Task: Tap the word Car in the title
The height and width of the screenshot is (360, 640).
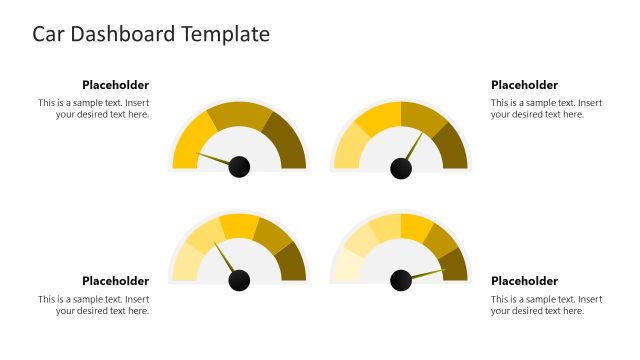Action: click(50, 34)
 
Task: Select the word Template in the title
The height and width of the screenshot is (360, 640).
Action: click(225, 34)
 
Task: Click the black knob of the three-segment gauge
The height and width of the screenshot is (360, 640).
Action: click(239, 167)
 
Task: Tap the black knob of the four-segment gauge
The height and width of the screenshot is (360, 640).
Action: click(401, 168)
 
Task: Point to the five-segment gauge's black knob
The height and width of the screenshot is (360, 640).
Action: click(239, 281)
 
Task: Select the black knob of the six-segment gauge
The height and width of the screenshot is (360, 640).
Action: click(401, 281)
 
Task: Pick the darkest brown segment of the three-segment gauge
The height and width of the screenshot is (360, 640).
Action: click(286, 141)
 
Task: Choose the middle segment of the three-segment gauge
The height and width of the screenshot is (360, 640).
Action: click(239, 116)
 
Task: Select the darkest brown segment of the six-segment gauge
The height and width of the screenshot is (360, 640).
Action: click(456, 266)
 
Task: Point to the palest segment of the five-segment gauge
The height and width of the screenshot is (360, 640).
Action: click(184, 263)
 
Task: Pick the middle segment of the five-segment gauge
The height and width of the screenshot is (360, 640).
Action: click(239, 226)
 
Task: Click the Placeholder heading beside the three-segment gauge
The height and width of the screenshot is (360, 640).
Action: click(115, 85)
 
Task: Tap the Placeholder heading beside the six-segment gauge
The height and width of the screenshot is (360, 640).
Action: click(524, 281)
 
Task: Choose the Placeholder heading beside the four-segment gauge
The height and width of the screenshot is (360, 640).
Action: click(524, 85)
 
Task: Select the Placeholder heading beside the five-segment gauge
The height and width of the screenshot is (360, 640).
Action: click(115, 281)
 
